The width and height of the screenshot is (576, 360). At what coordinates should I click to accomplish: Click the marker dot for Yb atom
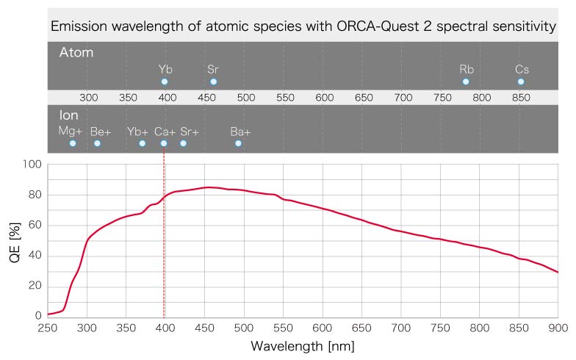point(165,82)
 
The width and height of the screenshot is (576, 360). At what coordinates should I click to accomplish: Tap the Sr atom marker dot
point(213,82)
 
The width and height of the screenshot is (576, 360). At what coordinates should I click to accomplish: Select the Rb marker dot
point(466,82)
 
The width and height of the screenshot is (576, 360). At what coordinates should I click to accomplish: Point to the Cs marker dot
point(521,82)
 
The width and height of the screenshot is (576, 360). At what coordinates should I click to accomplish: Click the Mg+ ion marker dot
point(73,143)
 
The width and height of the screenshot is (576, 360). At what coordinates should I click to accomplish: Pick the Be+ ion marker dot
point(97,143)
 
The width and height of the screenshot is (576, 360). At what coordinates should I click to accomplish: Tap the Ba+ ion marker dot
point(238,143)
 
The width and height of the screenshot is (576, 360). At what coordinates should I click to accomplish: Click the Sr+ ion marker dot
point(183,143)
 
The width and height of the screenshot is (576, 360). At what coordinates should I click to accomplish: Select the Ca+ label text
point(164,132)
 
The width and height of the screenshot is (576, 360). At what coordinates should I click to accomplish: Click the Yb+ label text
point(138,132)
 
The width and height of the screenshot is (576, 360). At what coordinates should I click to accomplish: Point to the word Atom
point(76,53)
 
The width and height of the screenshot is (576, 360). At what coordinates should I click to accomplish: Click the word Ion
point(68,115)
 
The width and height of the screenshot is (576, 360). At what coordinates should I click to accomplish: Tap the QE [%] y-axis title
point(15,240)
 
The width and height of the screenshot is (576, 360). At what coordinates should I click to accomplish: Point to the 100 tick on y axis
point(31,164)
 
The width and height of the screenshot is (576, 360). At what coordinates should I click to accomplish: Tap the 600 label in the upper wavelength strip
point(324,97)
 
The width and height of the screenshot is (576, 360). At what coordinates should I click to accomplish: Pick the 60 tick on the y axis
point(34,225)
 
